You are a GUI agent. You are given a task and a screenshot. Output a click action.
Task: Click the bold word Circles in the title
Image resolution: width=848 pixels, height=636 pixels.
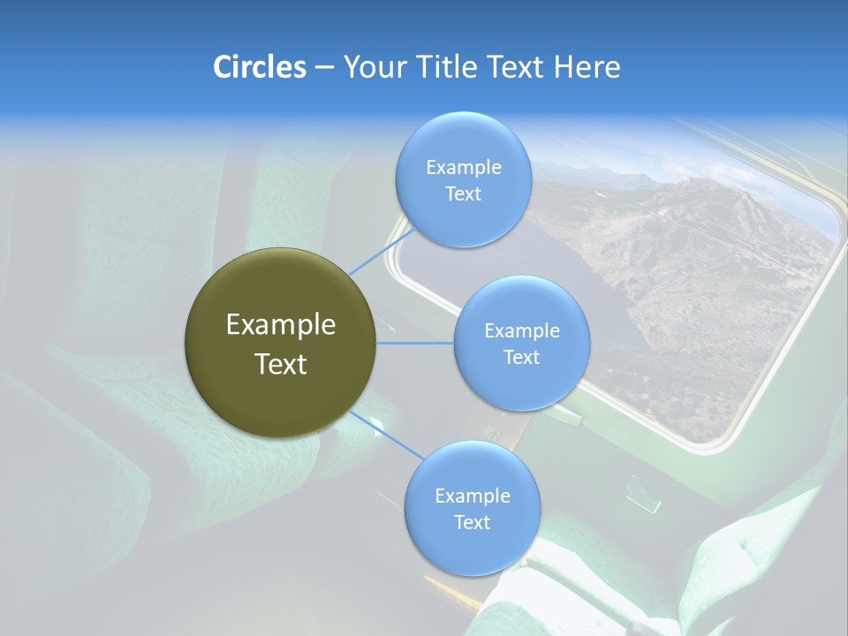pos(259,67)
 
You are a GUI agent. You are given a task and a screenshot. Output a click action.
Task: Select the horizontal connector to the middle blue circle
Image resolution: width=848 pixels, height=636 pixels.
pos(415,343)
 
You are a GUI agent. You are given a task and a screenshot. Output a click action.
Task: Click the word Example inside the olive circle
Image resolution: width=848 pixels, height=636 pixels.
pos(280,325)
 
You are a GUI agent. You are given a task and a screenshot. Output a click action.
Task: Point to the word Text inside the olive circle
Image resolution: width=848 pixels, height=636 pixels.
pos(280,364)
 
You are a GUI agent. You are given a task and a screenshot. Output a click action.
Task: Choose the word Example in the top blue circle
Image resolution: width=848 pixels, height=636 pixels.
pos(463,168)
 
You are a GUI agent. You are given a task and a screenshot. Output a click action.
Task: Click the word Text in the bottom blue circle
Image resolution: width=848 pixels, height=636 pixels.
pos(472,523)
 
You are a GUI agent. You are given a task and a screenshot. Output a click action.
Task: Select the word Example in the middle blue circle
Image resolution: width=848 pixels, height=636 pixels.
pos(521,331)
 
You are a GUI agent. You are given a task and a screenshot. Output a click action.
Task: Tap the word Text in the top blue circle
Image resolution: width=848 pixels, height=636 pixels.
pos(463,194)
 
